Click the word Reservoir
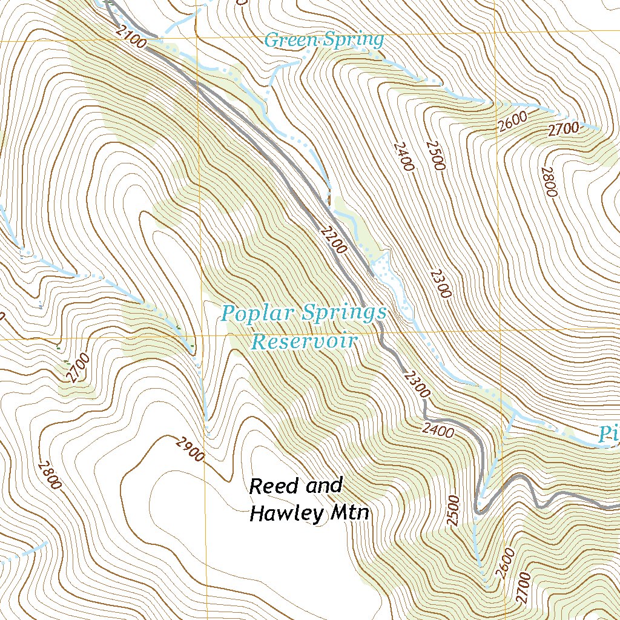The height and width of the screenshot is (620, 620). coord(303,341)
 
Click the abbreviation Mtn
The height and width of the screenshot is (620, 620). coord(350,513)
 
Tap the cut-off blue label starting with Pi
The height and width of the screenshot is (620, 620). coord(608,434)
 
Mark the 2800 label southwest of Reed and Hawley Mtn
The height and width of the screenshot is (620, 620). coord(49,475)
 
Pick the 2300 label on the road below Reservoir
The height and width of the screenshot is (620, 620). coord(416,384)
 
